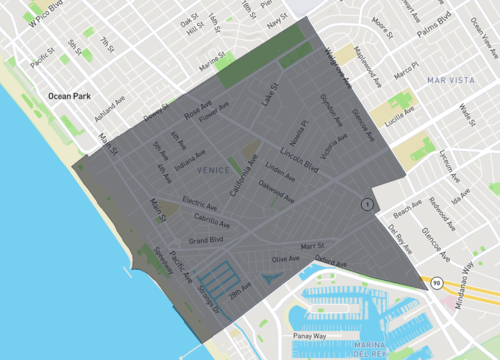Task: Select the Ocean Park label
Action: [69, 97]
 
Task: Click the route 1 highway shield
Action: [368, 204]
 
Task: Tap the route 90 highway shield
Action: [438, 284]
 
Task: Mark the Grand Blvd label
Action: [206, 240]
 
